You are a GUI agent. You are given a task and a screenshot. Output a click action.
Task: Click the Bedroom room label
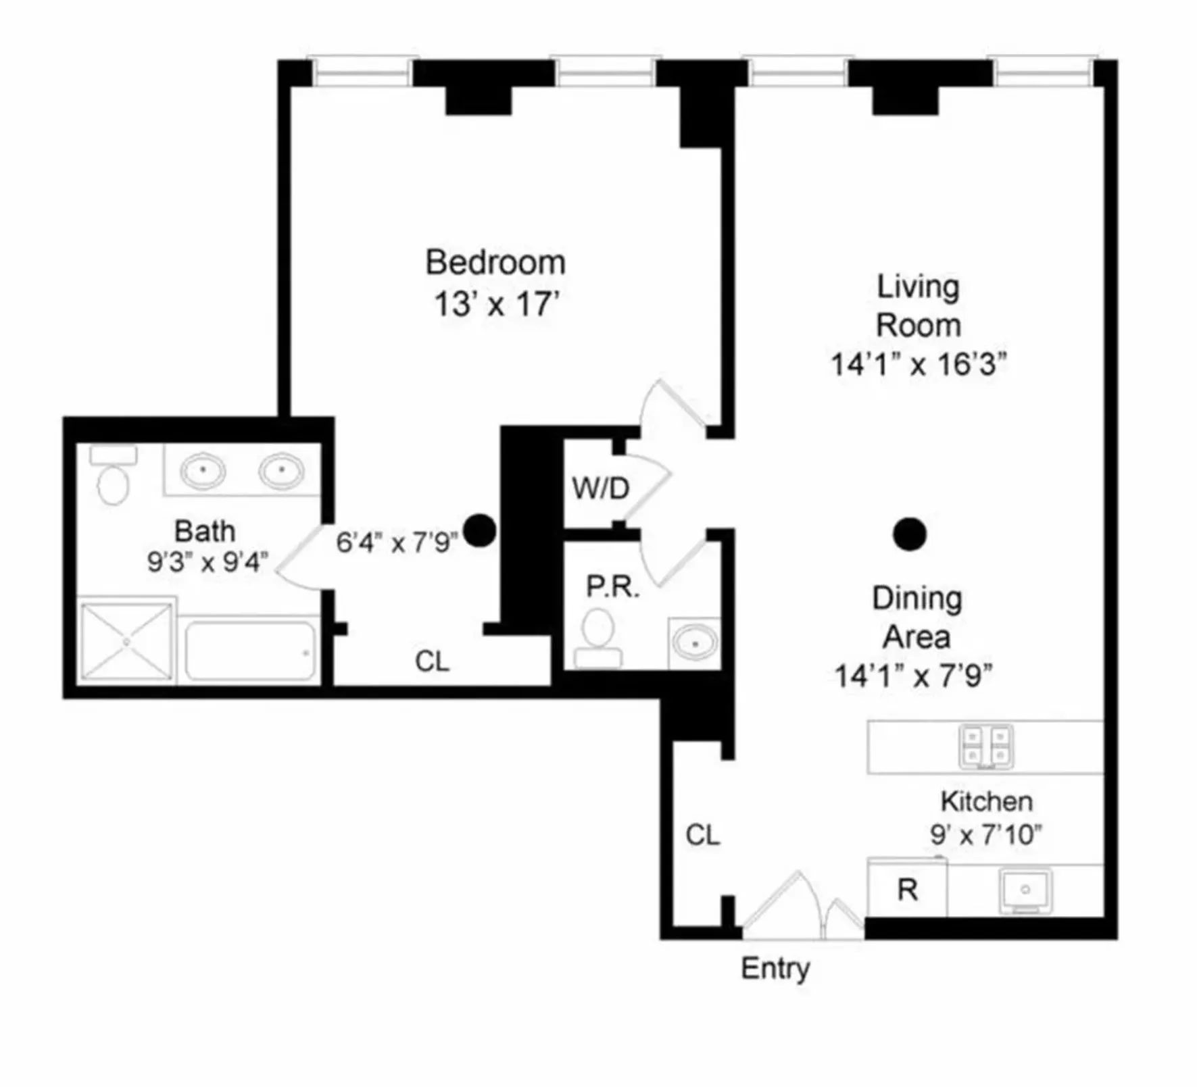[x=495, y=263]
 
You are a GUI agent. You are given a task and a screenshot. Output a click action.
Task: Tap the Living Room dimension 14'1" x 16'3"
[x=918, y=365]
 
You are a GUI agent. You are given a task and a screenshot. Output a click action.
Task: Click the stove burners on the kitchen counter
[x=986, y=747]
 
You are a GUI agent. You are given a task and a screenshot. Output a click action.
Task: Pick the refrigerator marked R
[x=907, y=890]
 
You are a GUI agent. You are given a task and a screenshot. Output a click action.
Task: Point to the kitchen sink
[x=1025, y=890]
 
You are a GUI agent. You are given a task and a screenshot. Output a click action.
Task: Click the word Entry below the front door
[x=775, y=969]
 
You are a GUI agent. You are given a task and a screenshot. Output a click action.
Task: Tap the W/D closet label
[x=600, y=488]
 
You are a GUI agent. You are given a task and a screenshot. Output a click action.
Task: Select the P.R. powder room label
[x=612, y=587]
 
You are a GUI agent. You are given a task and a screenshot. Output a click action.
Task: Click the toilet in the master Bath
[x=113, y=476]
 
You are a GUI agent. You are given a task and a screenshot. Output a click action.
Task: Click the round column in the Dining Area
[x=909, y=534]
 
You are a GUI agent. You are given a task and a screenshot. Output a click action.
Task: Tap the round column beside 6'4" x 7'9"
[x=480, y=530]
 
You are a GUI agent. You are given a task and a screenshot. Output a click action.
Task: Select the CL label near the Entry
[x=702, y=836]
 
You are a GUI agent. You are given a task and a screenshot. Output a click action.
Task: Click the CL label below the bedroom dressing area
[x=432, y=661]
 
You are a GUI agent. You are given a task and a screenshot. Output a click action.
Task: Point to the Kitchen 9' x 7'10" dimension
[x=985, y=836]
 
